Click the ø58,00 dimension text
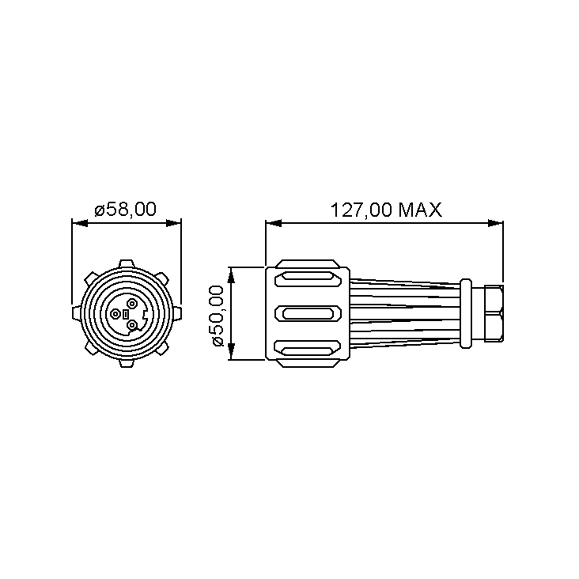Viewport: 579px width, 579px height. pos(125,209)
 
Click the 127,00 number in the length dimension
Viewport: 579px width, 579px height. pos(361,210)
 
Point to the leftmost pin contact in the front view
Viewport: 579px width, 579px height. pos(115,314)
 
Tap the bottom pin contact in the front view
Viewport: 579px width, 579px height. pos(132,325)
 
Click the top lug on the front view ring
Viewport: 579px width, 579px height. pos(126,264)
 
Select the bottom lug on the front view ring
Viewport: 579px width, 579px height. pos(126,363)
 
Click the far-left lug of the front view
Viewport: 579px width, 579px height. pos(76,313)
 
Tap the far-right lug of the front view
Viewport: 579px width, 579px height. pos(177,313)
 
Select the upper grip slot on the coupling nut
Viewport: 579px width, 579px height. pos(308,279)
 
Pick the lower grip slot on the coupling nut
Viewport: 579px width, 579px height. pos(308,348)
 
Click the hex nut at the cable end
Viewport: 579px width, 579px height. pos(494,313)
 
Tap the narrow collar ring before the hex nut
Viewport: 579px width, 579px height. pos(466,313)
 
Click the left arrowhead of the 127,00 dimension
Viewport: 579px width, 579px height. pos(273,223)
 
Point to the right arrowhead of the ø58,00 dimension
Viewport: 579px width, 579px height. pos(173,223)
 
